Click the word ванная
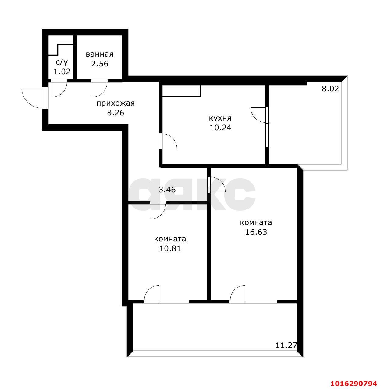pos(99,54)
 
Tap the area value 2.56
pos(100,64)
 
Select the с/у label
pos(62,62)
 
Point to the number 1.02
pos(62,72)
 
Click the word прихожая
pos(116,103)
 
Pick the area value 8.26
pos(116,113)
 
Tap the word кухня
pos(220,118)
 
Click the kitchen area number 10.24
pos(220,128)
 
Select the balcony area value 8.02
pos(330,89)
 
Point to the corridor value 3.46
pos(167,190)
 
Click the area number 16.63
pos(256,232)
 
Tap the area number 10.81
pos(170,248)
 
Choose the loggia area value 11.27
pos(286,345)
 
